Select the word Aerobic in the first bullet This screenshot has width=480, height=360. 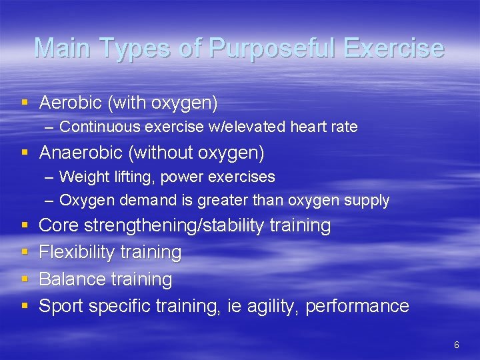coord(70,103)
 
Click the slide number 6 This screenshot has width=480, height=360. coord(456,345)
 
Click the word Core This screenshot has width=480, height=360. coord(59,226)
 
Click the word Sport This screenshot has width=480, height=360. coord(61,306)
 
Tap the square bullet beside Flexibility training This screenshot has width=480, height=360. coord(25,253)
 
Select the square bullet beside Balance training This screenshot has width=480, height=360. coord(25,279)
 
